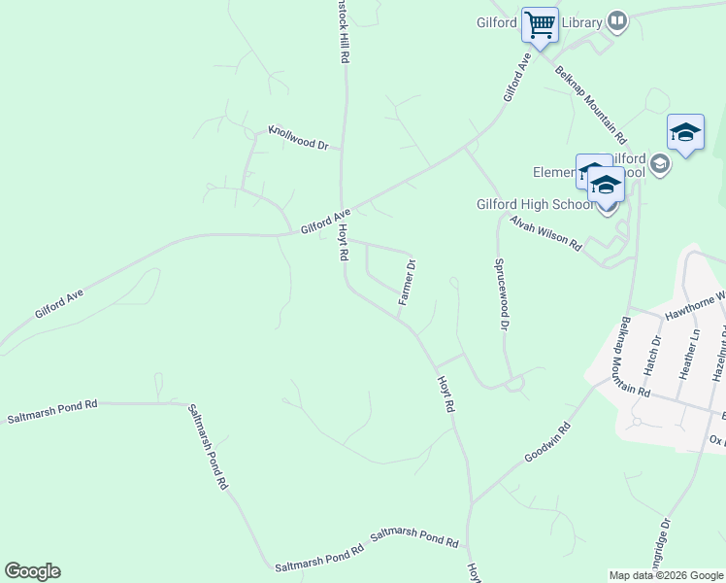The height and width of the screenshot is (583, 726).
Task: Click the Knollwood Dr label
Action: pyautogui.click(x=299, y=137)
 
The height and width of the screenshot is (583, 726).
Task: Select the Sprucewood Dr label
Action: pyautogui.click(x=501, y=294)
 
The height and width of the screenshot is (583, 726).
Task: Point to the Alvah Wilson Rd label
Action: pyautogui.click(x=545, y=233)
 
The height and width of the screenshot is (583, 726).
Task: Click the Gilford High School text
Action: pyautogui.click(x=535, y=204)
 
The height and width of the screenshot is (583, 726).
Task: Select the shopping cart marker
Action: pyautogui.click(x=540, y=23)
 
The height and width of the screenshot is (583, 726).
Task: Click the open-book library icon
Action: pyautogui.click(x=617, y=20)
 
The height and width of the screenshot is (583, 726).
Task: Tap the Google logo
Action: pyautogui.click(x=32, y=571)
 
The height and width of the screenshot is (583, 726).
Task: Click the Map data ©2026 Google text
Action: pyautogui.click(x=666, y=575)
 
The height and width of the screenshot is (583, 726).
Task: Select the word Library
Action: pyautogui.click(x=582, y=21)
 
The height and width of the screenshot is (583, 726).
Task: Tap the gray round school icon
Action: pyautogui.click(x=660, y=163)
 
